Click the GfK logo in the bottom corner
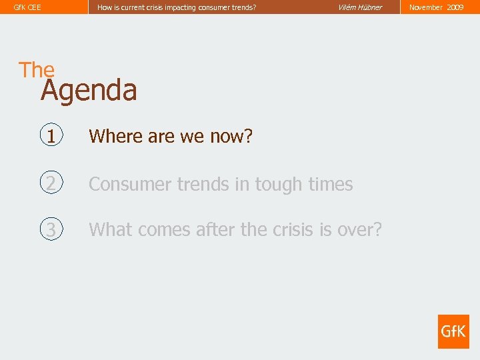(453, 331)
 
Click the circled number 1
(51, 136)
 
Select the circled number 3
(51, 229)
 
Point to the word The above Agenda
(37, 69)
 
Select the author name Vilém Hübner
(360, 7)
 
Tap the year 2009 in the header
(455, 7)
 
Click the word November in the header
(426, 7)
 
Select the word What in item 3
(110, 230)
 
